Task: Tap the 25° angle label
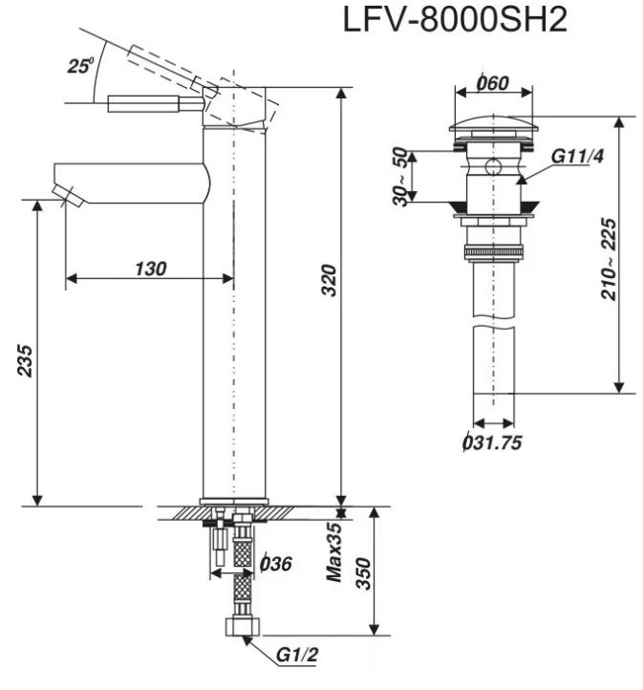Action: click(x=81, y=67)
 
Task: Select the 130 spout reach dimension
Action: click(x=149, y=269)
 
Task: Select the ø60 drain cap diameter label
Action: click(x=492, y=84)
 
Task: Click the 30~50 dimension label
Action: click(x=399, y=174)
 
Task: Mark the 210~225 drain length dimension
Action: click(x=608, y=258)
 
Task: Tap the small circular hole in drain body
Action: click(x=493, y=165)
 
